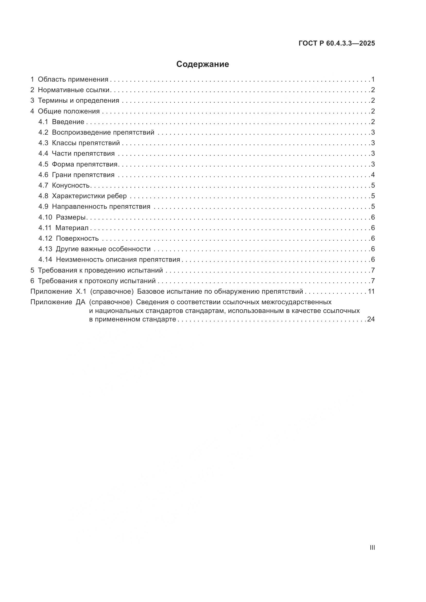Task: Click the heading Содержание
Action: pos(202,64)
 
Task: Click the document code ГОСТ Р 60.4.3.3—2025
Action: pos(337,43)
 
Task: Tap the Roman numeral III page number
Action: pos(372,548)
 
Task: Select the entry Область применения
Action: pos(73,80)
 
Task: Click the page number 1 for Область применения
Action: pos(373,80)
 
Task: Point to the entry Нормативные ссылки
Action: pos(73,90)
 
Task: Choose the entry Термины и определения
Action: pos(79,100)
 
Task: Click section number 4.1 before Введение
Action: pos(43,122)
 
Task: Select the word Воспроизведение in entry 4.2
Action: pos(82,132)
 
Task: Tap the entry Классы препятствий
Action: pos(86,143)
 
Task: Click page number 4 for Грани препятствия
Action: pos(373,175)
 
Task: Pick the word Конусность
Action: pos(71,186)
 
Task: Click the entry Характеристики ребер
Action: pos(89,196)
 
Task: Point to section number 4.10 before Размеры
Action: pos(45,217)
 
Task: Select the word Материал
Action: pos(72,228)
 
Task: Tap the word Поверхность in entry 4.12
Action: pos(77,239)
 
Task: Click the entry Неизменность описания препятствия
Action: pos(118,260)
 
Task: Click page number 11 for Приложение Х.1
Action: pos(371,291)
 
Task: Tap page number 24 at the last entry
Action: pos(371,319)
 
